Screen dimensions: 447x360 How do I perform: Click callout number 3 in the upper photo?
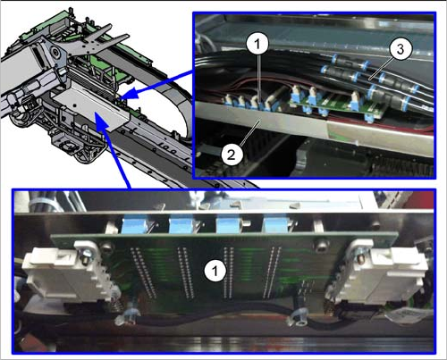pos(401,49)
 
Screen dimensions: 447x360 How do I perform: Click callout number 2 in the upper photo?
pos(232,155)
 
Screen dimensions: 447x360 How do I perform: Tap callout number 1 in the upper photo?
pos(257,45)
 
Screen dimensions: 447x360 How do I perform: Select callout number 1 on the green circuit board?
pos(215,271)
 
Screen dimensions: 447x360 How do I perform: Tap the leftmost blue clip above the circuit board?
pos(135,224)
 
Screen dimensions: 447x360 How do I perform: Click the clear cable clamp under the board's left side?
pos(127,316)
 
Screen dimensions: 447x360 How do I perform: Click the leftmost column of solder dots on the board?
pos(143,272)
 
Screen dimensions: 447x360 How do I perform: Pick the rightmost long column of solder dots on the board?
pos(271,272)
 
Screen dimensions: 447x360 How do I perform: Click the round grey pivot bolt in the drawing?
pos(55,53)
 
